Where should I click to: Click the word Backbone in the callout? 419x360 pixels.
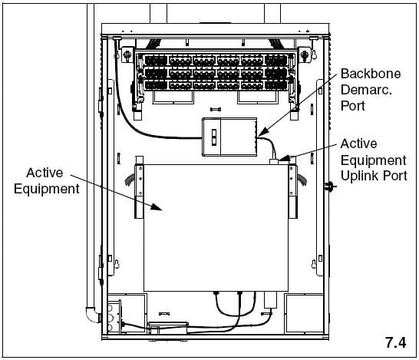tap(371, 74)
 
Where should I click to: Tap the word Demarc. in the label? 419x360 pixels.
tap(366, 90)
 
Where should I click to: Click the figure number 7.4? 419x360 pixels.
tap(395, 342)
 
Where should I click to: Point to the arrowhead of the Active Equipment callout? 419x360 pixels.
tap(157, 206)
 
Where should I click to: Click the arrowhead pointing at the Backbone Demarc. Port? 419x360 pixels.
tap(263, 132)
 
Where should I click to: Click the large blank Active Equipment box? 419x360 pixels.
tap(216, 228)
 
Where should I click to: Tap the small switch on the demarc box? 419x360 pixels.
tap(214, 137)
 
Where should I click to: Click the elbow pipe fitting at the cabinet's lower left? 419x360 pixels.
tap(92, 315)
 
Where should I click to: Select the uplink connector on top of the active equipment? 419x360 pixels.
tap(274, 161)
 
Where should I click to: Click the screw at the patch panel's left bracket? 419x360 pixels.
tap(127, 54)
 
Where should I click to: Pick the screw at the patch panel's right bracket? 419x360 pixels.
tap(304, 54)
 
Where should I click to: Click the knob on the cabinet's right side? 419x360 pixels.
tap(330, 186)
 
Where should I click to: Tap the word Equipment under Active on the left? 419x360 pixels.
tap(47, 190)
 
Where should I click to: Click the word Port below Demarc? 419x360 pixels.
tap(353, 106)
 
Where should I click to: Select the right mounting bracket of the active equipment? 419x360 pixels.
tap(293, 191)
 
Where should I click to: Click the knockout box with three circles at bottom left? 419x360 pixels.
tap(114, 317)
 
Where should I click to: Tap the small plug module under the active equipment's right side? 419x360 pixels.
tap(270, 299)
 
